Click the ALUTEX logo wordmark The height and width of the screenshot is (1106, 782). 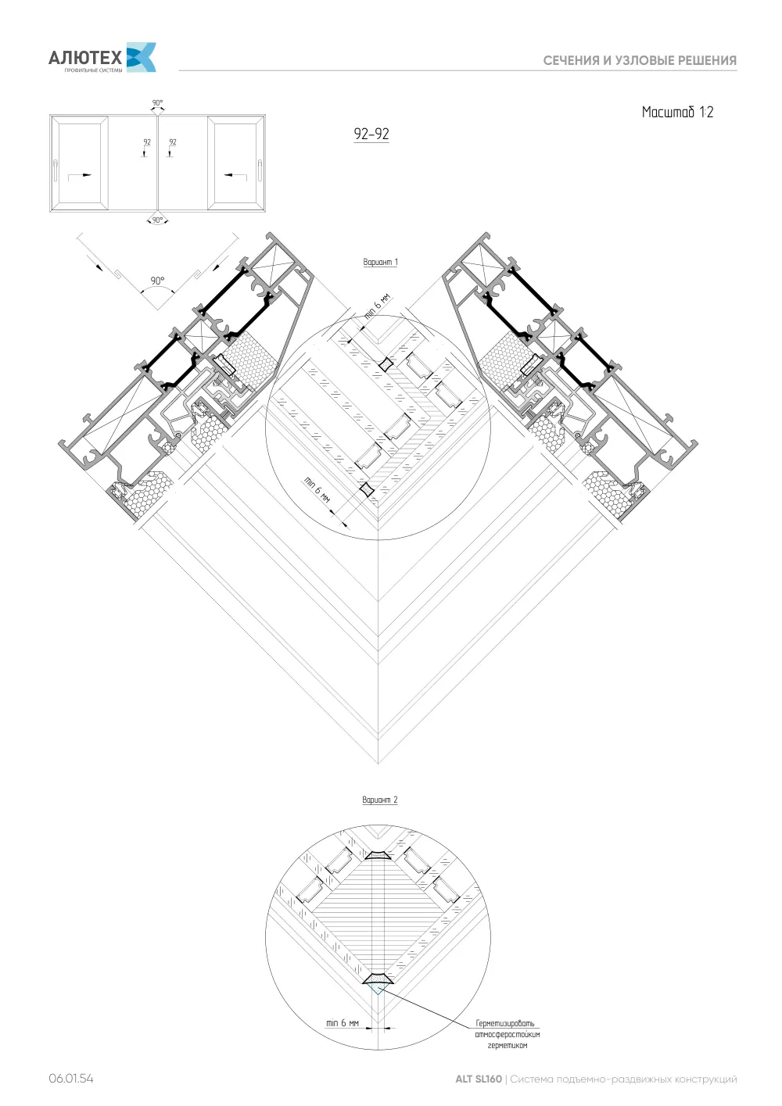pos(85,58)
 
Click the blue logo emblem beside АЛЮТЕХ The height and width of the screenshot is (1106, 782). pos(142,57)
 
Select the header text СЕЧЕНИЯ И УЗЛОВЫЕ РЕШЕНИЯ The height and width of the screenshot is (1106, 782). pos(640,61)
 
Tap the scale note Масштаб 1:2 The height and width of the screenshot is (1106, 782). pos(677,112)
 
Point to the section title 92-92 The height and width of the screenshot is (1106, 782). pos(371,134)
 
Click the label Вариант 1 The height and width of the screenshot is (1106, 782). pos(380,262)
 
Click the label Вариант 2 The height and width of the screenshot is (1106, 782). pos(380,800)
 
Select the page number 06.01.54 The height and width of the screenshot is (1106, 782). pos(70,1079)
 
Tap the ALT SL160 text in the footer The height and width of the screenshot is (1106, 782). pos(478,1079)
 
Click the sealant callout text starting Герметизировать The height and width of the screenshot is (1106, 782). pos(508,1034)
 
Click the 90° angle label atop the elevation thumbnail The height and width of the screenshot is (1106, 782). pos(157,102)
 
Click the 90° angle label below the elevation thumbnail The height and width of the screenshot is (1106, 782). pos(157,220)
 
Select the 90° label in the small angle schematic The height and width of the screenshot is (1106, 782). pos(157,281)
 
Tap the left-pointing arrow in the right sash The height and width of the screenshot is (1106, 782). pos(235,175)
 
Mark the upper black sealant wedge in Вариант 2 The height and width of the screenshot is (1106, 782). pos(378,854)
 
